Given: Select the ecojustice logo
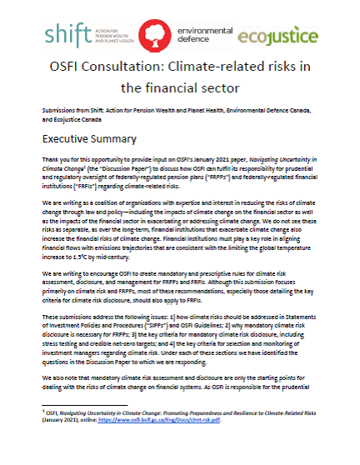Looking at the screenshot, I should [278, 37].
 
